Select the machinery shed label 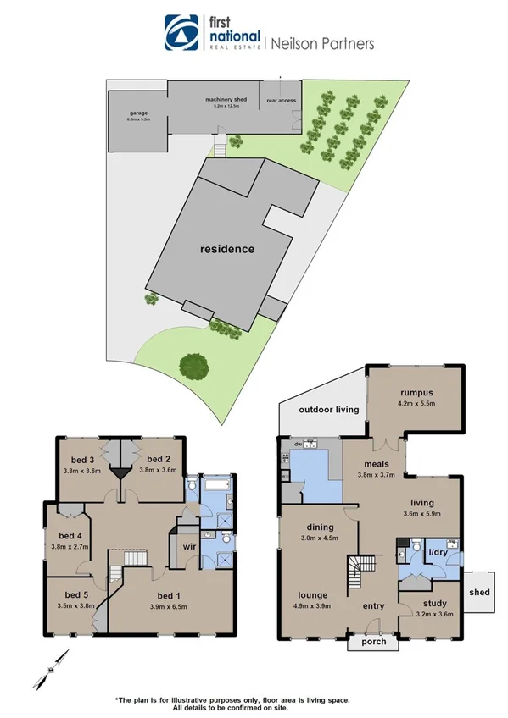[225, 101]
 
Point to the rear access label [281, 101]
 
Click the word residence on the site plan [227, 249]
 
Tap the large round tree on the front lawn [195, 366]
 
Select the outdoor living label [329, 410]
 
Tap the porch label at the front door [374, 641]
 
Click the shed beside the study [480, 592]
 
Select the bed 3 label [84, 460]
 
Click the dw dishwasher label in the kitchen [299, 444]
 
